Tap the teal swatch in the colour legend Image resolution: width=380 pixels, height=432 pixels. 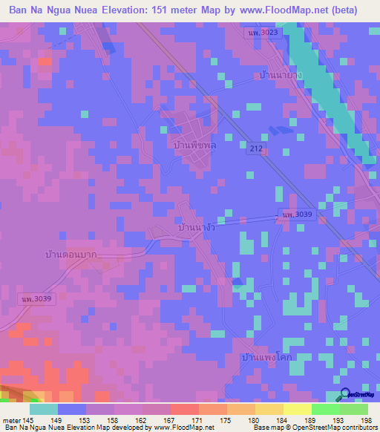tap(44, 409)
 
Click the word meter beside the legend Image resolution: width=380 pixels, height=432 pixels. tap(13, 420)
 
